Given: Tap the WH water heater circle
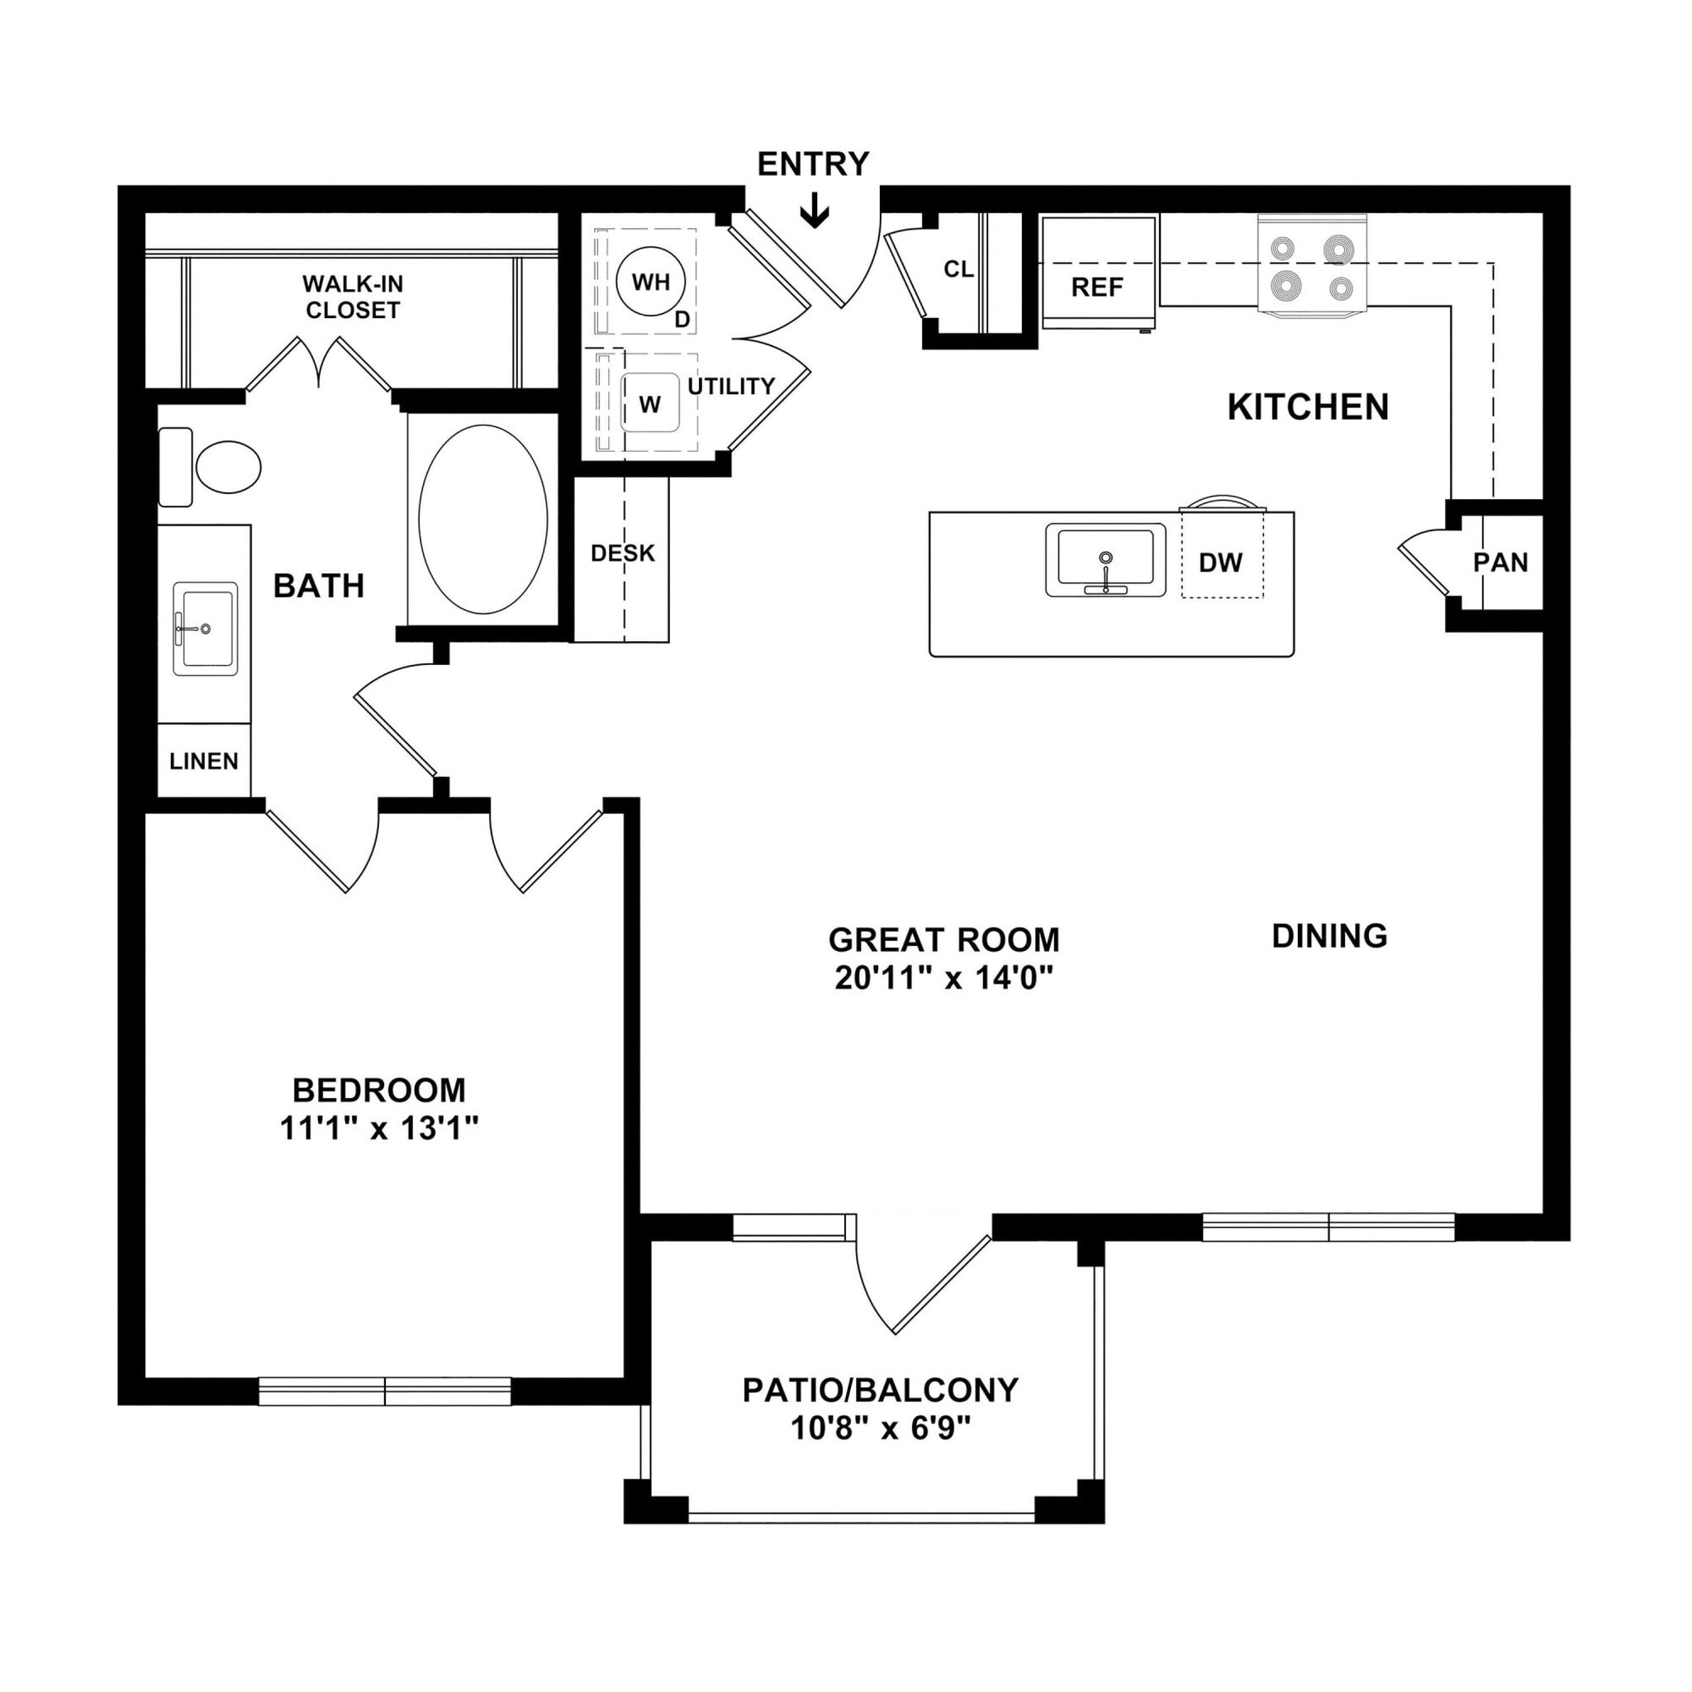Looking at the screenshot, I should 650,282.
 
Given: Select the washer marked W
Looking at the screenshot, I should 650,403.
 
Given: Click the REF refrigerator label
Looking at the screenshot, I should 1096,288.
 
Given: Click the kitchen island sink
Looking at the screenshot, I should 1105,560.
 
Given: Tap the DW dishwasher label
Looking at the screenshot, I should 1221,563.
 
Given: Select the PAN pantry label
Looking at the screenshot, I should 1500,563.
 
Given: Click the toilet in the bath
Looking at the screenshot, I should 226,467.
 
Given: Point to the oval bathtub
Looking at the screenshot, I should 482,520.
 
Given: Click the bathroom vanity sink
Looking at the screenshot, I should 205,628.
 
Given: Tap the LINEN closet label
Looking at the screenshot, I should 204,761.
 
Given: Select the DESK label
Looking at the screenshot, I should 623,554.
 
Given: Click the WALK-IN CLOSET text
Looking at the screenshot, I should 352,297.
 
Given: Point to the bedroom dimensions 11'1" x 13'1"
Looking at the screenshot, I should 379,1129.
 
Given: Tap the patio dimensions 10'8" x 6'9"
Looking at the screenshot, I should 881,1429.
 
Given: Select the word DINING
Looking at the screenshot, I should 1328,936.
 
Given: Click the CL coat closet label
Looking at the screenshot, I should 958,269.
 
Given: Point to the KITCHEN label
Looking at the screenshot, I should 1308,407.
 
